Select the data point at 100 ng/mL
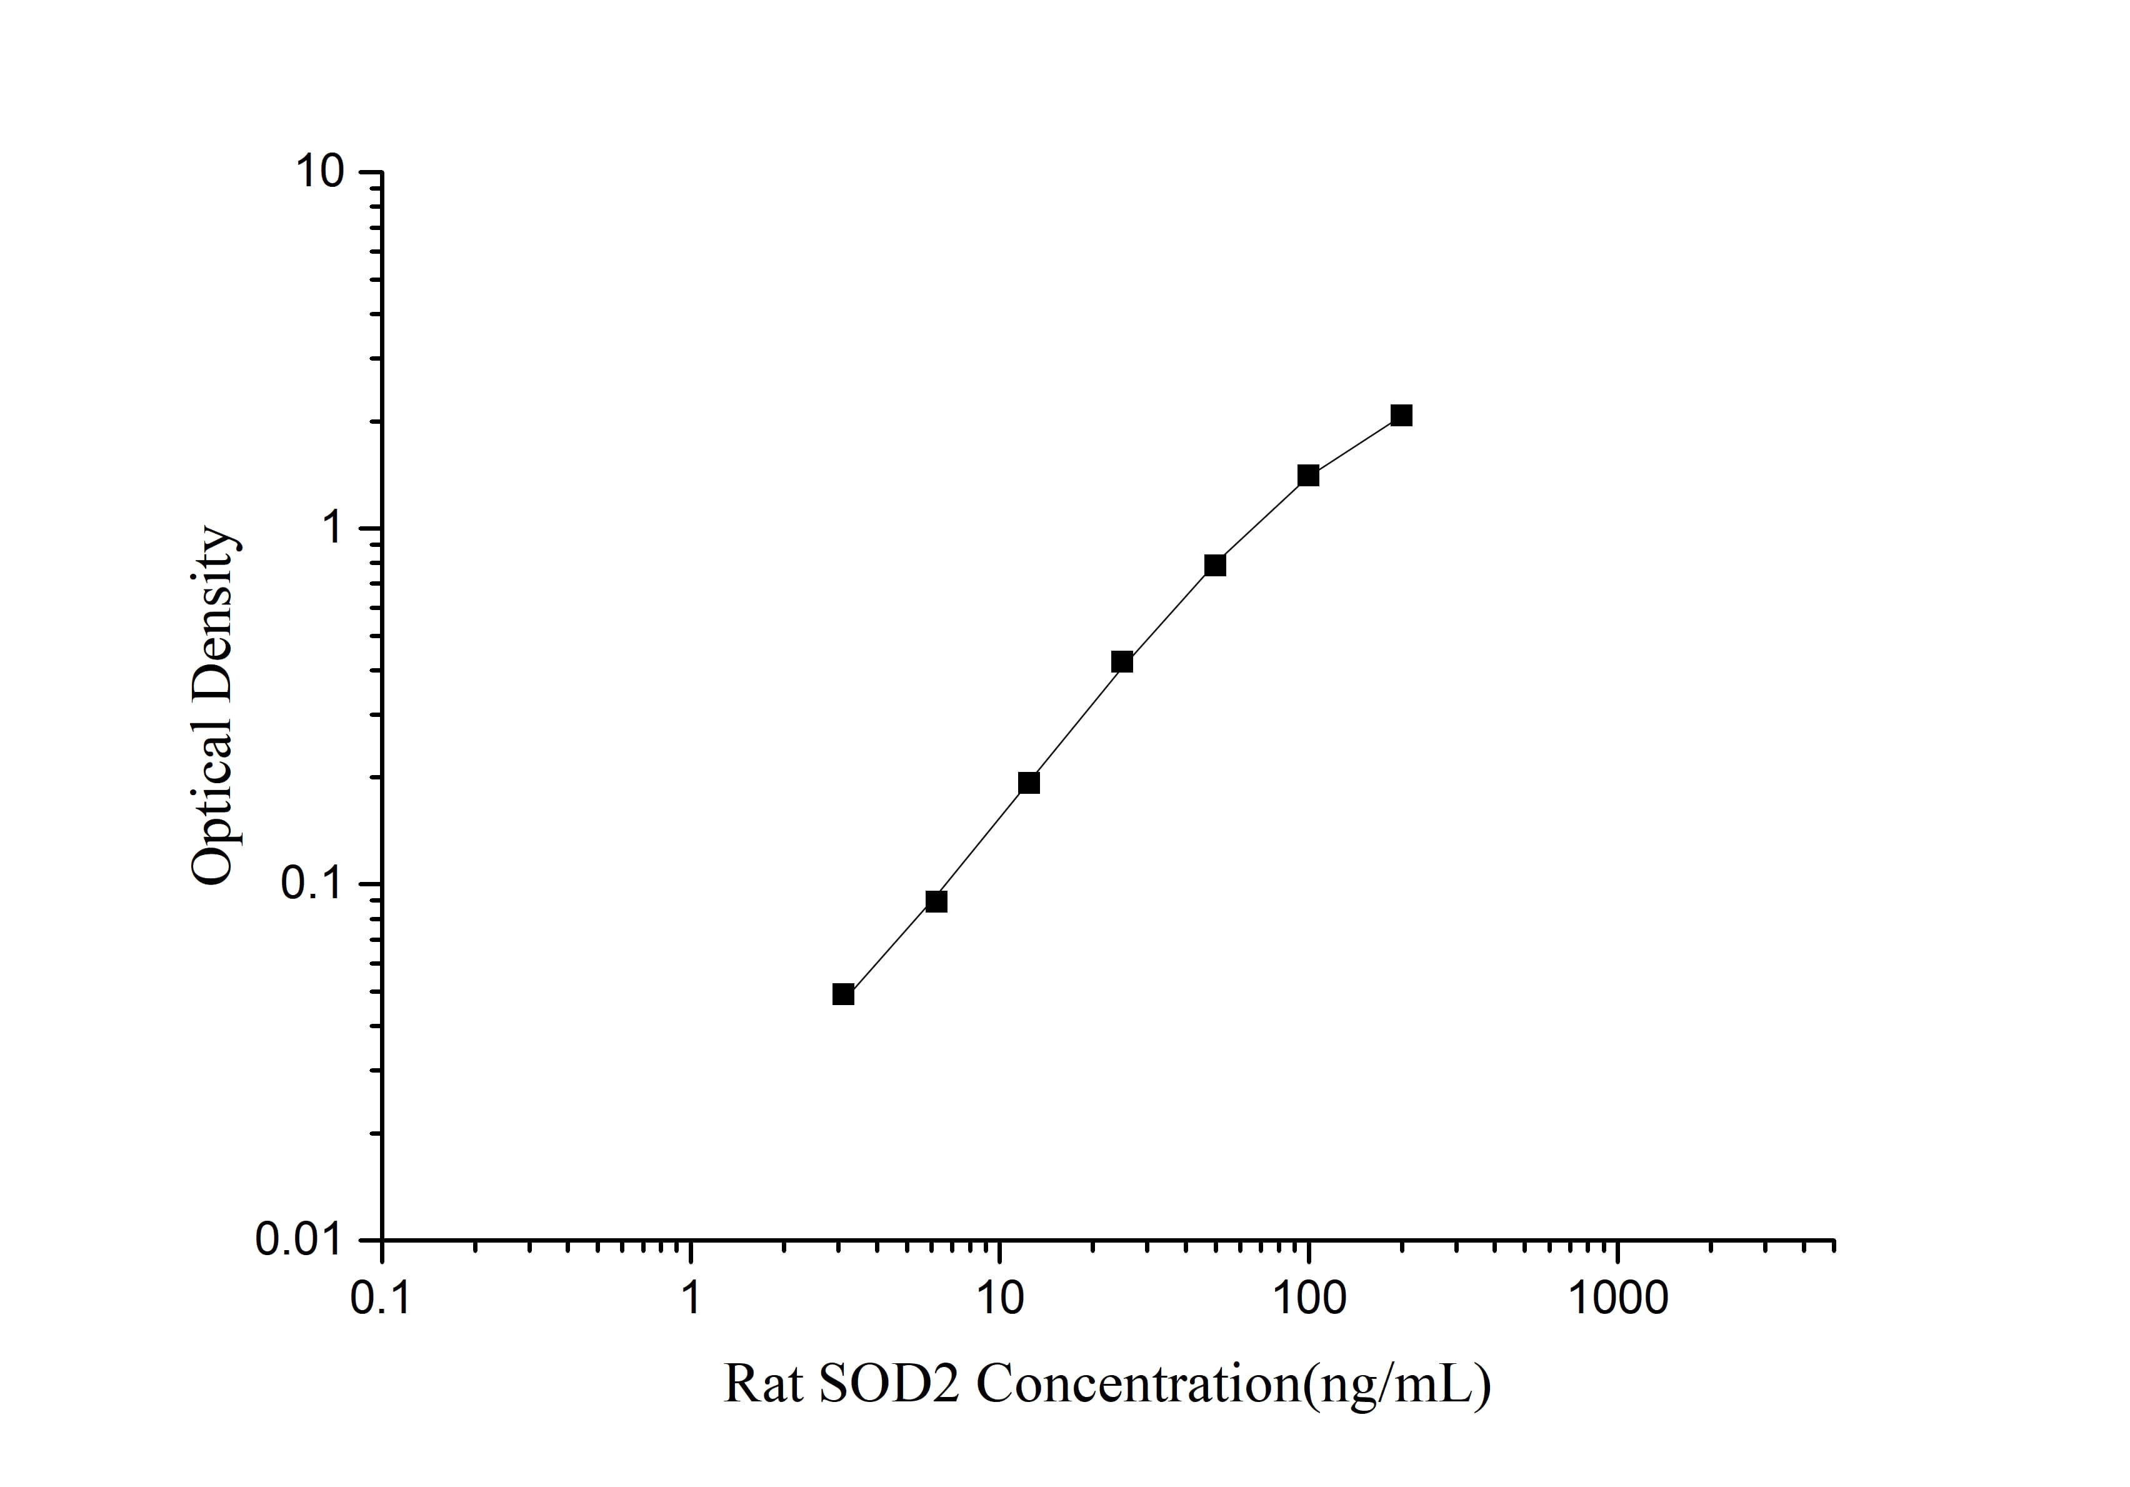tap(1308, 476)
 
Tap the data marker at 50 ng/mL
tap(1215, 565)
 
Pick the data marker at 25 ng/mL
tap(1122, 661)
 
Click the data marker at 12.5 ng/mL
tap(1029, 783)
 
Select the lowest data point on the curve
tap(843, 994)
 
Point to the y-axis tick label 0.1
tap(312, 884)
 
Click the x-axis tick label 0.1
tap(381, 1299)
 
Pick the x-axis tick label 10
tap(999, 1299)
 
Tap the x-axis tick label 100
tap(1308, 1299)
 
